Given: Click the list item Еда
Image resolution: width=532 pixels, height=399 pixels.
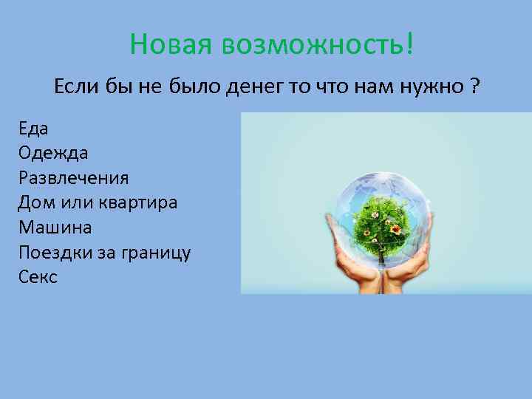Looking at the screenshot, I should click(34, 128).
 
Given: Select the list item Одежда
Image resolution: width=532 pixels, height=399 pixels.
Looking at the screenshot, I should click(54, 153).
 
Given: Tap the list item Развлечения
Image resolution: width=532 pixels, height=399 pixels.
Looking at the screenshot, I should click(74, 178).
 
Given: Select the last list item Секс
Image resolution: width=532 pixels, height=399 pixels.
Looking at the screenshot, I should click(38, 277).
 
